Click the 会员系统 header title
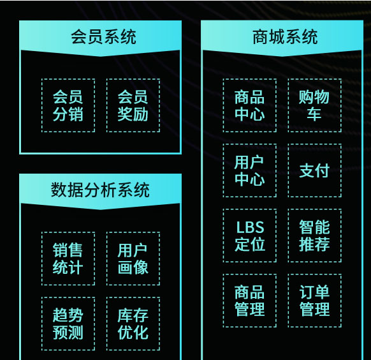pos(104,37)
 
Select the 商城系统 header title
pos(285,37)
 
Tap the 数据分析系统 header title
pos(100,190)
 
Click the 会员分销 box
pos(68,105)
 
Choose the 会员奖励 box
pos(133,105)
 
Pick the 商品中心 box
pos(250,105)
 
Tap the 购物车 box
pos(315,105)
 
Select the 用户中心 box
pos(250,170)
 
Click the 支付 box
pos(315,170)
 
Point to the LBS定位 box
pos(250,236)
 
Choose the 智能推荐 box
pos(315,236)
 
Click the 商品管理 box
pos(250,301)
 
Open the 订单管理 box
pos(315,301)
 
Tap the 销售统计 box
pos(68,259)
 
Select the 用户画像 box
pos(133,259)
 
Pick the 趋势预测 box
pos(68,324)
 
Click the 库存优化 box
pos(133,324)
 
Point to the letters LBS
pos(250,227)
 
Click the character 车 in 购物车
pos(314,114)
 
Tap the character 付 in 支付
pos(323,170)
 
